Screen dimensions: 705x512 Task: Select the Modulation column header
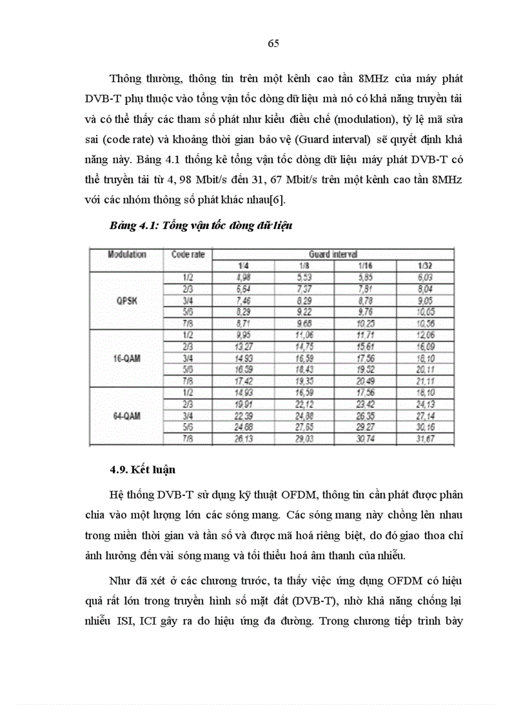(127, 254)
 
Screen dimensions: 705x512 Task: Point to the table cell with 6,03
(427, 277)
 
